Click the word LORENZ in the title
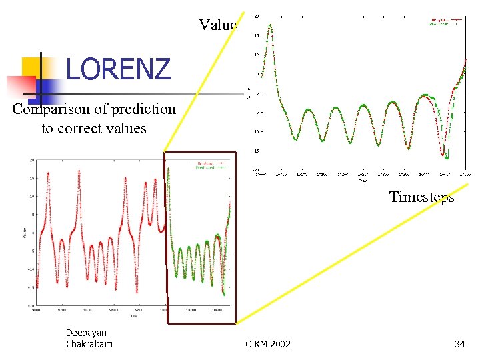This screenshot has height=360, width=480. coord(118,69)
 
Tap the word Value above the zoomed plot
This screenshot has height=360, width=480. coord(217,25)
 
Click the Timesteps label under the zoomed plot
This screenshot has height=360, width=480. coord(421,197)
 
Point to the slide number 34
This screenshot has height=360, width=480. coord(459,344)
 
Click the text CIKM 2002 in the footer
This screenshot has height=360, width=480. coord(268,344)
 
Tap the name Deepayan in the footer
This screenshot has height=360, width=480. coord(86,333)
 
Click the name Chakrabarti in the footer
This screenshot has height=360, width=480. coord(89,344)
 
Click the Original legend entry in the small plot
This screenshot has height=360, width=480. coord(206,163)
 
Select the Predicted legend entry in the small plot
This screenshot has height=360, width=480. coord(206,167)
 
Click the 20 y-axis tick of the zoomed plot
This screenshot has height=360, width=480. coord(257,16)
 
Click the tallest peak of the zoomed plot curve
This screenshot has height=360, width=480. coord(270,25)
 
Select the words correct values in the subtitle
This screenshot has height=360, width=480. coord(94,128)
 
